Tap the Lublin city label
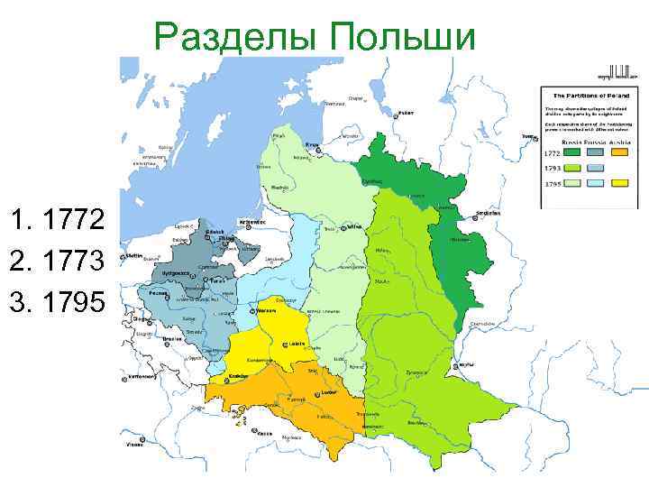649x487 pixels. coord(296,345)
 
